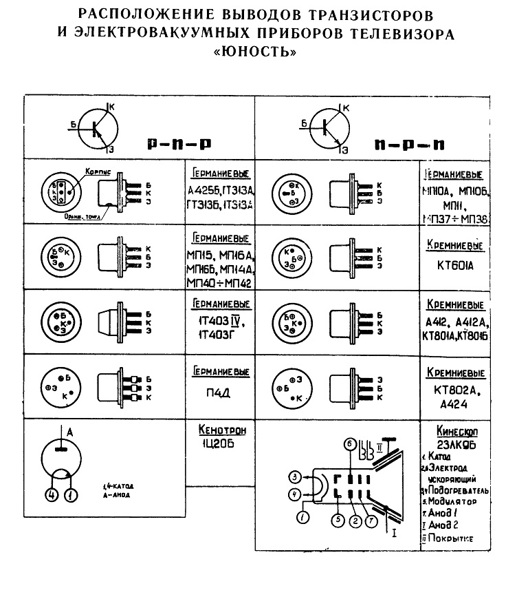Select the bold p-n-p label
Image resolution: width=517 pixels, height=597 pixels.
178,145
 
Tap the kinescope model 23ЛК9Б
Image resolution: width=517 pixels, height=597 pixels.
456,444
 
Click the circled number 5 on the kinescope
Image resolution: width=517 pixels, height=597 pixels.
338,521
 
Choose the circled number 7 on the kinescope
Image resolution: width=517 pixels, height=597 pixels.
370,521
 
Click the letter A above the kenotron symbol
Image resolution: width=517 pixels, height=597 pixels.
69,431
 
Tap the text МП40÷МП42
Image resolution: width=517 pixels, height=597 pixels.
219,283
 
